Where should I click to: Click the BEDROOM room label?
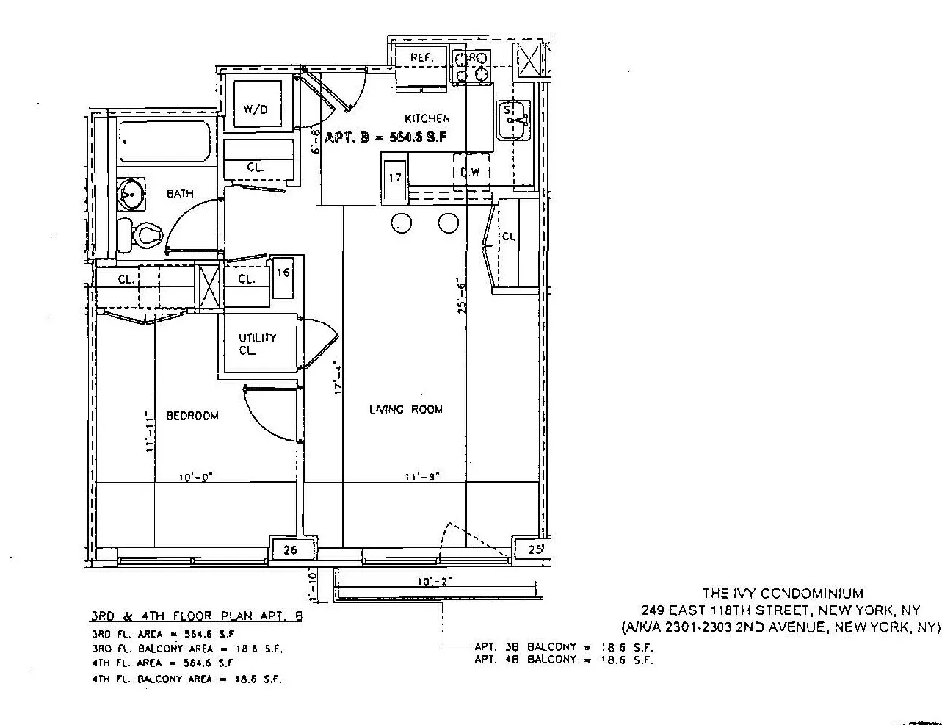click(192, 416)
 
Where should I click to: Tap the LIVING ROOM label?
click(405, 410)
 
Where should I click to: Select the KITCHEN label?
click(427, 118)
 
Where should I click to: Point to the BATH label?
click(180, 194)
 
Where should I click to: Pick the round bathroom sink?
click(131, 195)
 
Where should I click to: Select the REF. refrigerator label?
click(421, 58)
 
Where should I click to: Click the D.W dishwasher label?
click(470, 173)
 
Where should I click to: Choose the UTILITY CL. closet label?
click(257, 344)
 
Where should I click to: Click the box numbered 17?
click(395, 177)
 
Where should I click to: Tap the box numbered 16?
click(283, 273)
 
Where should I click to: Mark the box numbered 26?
click(290, 549)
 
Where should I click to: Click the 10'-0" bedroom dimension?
click(195, 477)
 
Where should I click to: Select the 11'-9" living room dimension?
click(422, 477)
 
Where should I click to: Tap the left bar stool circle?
click(402, 223)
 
